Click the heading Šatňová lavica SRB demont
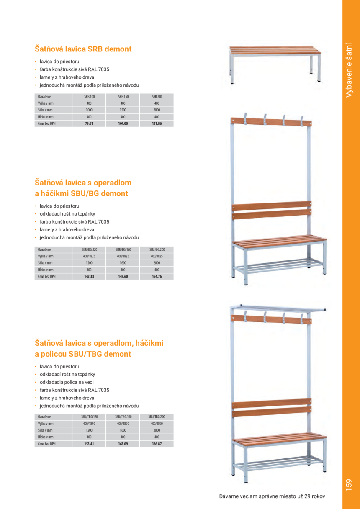83,49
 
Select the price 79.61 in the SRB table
89,124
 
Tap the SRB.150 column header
123,97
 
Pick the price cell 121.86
157,124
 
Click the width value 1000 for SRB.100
89,110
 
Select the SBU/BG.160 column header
123,249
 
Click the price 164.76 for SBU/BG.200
157,277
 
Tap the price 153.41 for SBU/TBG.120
89,444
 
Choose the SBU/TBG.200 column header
157,417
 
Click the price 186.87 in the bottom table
157,444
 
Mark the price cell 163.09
123,444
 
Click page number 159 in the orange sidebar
350,485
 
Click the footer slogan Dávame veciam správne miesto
272,496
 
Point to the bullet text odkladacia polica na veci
67,382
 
